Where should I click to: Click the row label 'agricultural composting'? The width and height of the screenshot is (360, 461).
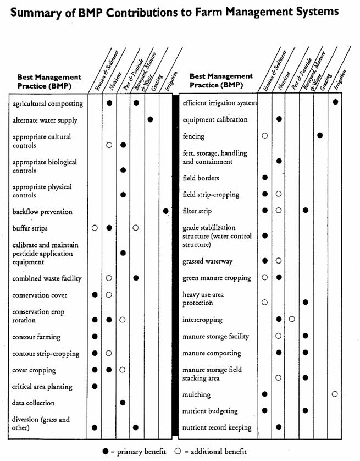47,103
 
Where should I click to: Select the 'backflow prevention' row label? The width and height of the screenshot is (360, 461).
42,212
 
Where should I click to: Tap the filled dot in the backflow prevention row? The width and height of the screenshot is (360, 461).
165,211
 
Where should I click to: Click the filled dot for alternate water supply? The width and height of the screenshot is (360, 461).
150,119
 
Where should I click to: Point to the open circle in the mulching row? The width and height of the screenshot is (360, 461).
335,394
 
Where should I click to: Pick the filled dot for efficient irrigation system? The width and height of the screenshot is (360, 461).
335,102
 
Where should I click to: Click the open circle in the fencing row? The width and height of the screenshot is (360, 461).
265,135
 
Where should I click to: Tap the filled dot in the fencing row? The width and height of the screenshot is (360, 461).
320,135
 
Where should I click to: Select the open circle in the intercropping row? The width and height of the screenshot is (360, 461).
292,319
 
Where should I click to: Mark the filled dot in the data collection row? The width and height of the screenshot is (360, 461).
123,403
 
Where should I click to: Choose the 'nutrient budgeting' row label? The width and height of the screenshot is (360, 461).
210,411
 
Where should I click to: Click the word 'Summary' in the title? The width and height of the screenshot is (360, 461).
35,12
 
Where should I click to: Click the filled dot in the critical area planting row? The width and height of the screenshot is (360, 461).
95,386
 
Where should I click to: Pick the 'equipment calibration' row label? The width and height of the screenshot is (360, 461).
215,119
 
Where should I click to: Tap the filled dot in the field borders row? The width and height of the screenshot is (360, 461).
265,178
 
